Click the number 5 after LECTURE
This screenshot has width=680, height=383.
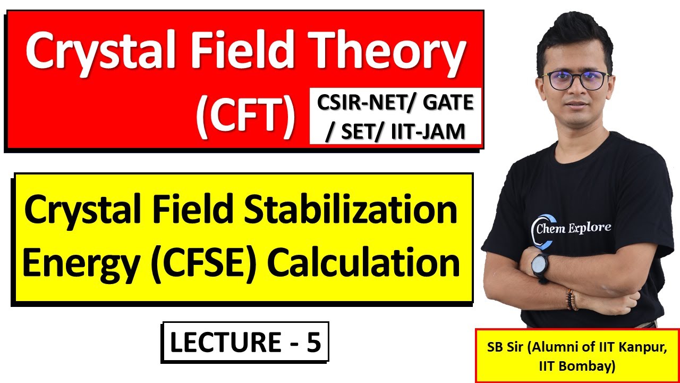click(x=313, y=342)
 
